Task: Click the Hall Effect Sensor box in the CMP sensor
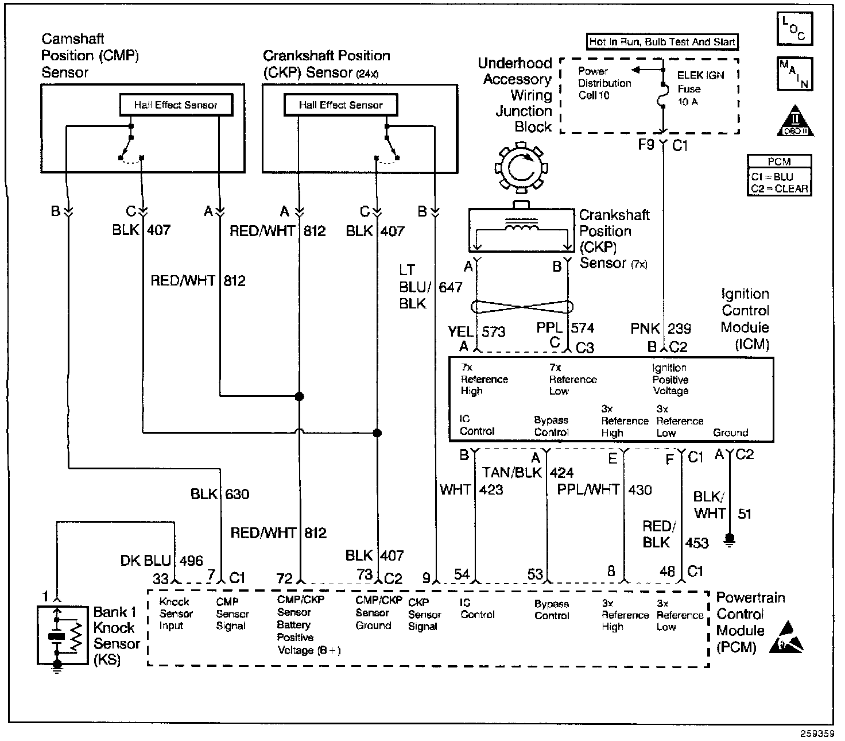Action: [176, 105]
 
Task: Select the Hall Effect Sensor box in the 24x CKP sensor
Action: [340, 105]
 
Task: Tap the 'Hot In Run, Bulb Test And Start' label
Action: [662, 42]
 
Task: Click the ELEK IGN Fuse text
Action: [700, 88]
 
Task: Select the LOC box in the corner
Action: [794, 29]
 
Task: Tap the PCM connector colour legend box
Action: [779, 175]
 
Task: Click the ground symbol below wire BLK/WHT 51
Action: [730, 540]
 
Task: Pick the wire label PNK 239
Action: [660, 329]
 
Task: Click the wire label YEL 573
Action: [476, 332]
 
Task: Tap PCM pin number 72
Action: [285, 578]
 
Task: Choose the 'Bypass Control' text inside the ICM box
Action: [551, 426]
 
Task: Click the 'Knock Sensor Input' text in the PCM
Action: [176, 613]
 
